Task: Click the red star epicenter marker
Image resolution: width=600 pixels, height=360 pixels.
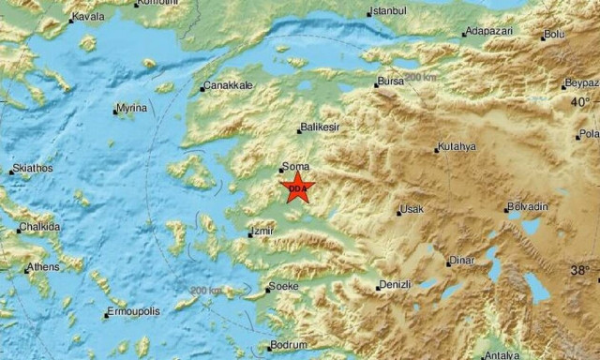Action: (x=297, y=187)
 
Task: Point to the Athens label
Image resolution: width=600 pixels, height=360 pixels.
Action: (x=42, y=267)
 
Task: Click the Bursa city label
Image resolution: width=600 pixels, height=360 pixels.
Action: (x=392, y=82)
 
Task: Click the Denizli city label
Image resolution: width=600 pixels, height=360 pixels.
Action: (x=394, y=284)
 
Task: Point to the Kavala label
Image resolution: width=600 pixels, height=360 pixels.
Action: (x=88, y=17)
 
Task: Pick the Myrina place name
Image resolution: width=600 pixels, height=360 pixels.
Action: (x=132, y=109)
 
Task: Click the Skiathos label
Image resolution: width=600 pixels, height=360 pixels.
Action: (x=34, y=169)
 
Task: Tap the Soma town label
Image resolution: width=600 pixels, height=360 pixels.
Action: (x=295, y=166)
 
